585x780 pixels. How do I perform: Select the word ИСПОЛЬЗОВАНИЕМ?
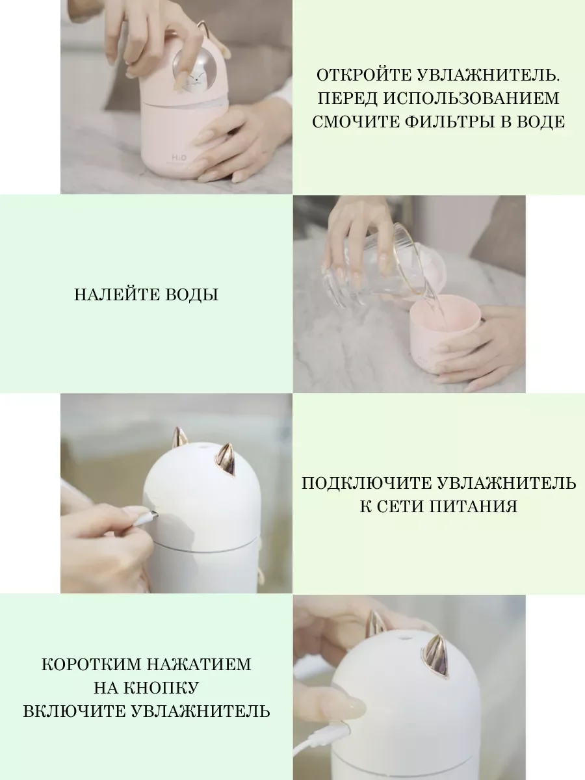(471, 99)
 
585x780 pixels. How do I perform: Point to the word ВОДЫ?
(192, 294)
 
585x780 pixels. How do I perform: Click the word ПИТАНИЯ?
(473, 506)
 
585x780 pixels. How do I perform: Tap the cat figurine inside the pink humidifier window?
(194, 81)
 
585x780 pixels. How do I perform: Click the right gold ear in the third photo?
(226, 460)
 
